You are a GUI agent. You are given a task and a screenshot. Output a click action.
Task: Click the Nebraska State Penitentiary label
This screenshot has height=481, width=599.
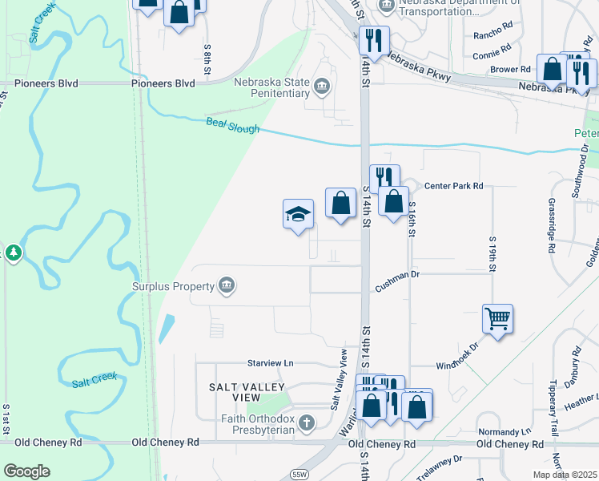[271, 87]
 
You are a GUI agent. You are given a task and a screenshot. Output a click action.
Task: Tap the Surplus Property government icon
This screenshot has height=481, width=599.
[227, 286]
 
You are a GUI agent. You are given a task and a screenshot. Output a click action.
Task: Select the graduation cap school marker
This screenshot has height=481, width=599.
[298, 214]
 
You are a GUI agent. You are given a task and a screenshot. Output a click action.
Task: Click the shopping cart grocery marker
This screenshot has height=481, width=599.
[497, 319]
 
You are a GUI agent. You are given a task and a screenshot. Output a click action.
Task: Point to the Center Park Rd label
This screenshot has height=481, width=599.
[454, 186]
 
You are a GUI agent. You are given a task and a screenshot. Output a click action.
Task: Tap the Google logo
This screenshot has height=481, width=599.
[26, 471]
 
